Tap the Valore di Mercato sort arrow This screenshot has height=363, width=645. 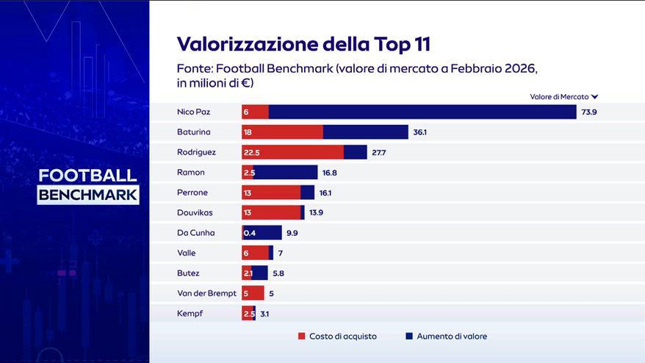(x=594, y=97)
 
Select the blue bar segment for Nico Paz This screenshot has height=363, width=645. (x=422, y=112)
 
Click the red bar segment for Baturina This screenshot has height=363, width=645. (x=283, y=132)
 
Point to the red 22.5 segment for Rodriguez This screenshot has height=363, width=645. (x=293, y=152)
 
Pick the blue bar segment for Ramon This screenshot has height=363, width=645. (x=286, y=173)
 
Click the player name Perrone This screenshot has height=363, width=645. (x=192, y=193)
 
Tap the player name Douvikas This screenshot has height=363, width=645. (x=195, y=212)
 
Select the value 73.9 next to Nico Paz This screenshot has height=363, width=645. (x=588, y=112)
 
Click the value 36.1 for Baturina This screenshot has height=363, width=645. (x=420, y=132)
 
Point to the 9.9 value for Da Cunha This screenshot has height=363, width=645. (x=292, y=233)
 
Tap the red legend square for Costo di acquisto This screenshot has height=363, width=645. (x=301, y=337)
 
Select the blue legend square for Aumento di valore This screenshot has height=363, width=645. (x=409, y=337)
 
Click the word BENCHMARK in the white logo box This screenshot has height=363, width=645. (x=88, y=195)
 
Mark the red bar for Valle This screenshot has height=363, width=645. (x=255, y=253)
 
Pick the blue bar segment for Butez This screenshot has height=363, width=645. (x=259, y=273)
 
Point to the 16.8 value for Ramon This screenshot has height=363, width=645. (x=329, y=173)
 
